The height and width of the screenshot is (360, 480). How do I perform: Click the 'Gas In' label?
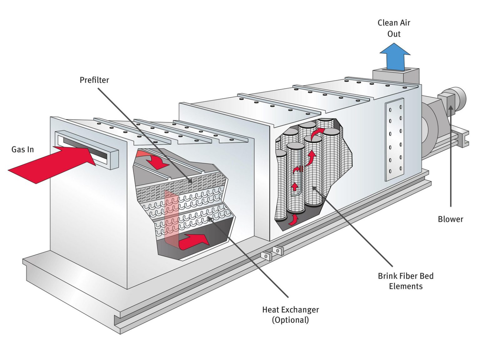(x=22, y=149)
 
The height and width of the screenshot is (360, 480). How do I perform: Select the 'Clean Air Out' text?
(x=394, y=28)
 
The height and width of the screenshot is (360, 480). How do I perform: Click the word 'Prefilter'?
(x=94, y=80)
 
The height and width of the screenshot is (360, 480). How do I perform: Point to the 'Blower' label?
(x=450, y=219)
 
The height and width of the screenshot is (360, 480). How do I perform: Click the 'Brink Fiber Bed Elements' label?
(x=406, y=281)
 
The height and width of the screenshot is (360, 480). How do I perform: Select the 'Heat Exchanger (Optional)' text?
(x=290, y=315)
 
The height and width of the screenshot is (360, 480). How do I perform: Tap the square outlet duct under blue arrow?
(x=395, y=76)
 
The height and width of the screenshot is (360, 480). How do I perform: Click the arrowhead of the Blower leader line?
(x=450, y=108)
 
